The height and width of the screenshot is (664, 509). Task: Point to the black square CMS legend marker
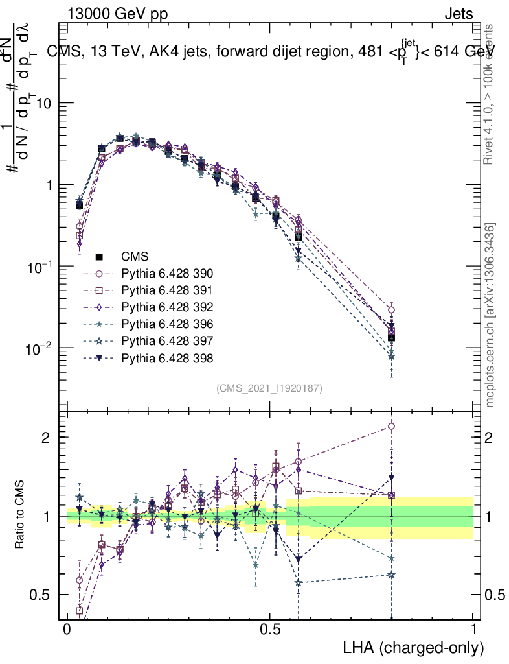click(99, 256)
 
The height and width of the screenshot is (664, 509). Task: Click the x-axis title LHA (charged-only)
click(414, 647)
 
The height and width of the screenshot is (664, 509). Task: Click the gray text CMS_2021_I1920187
click(270, 388)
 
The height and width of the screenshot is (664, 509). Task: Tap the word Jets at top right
click(458, 14)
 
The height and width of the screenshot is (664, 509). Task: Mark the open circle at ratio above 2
click(390, 426)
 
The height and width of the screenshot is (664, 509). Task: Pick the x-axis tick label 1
click(473, 630)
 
